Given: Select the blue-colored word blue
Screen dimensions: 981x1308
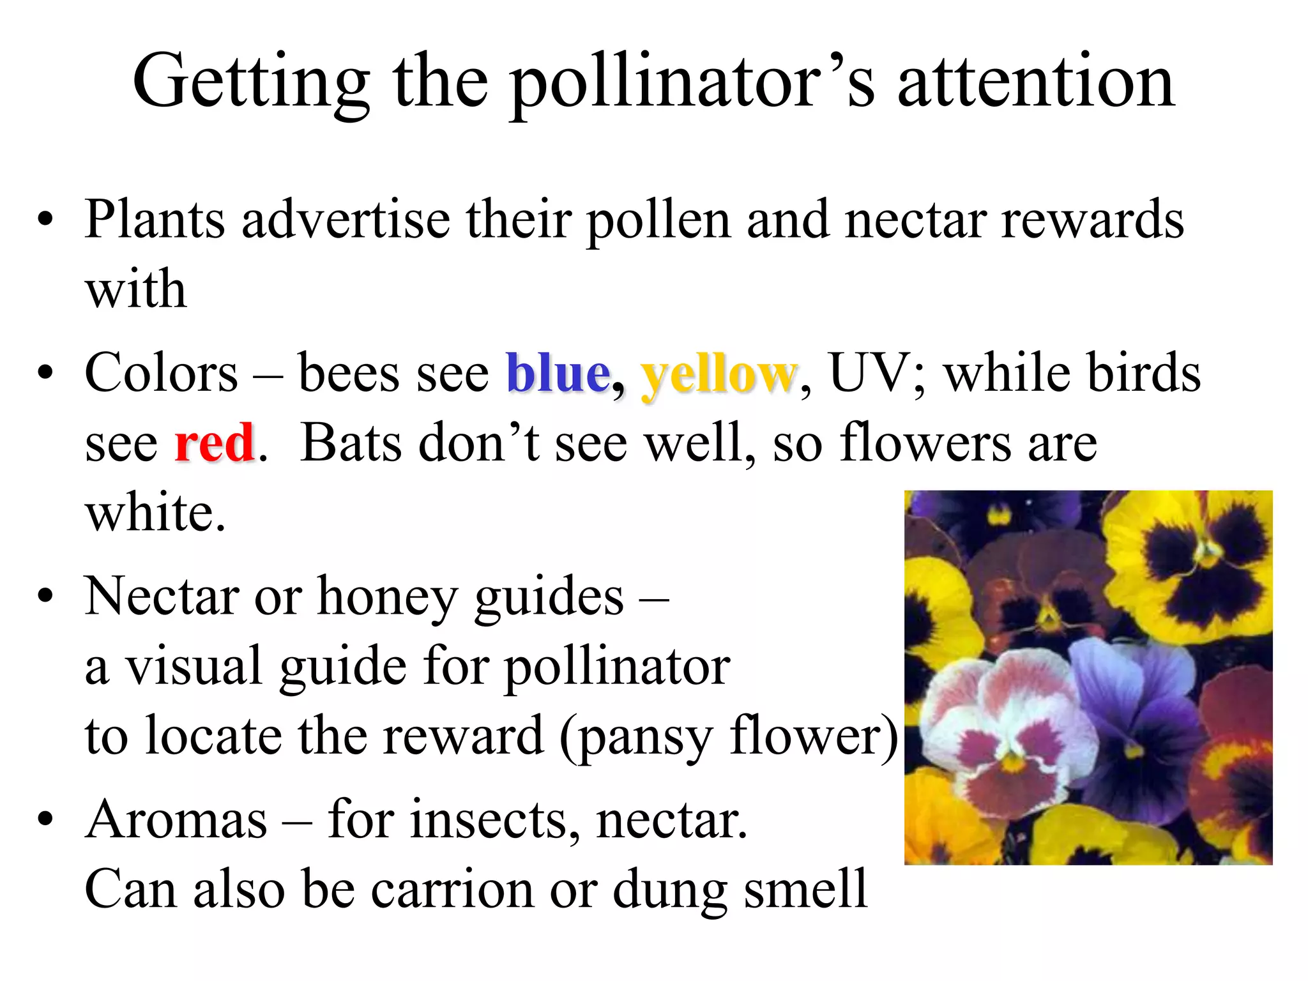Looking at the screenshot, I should tap(558, 374).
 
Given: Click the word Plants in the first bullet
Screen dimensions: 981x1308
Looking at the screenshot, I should tap(155, 220).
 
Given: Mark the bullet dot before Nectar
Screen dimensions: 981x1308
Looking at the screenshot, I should tap(45, 597).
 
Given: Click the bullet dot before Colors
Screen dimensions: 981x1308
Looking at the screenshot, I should tap(45, 374).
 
